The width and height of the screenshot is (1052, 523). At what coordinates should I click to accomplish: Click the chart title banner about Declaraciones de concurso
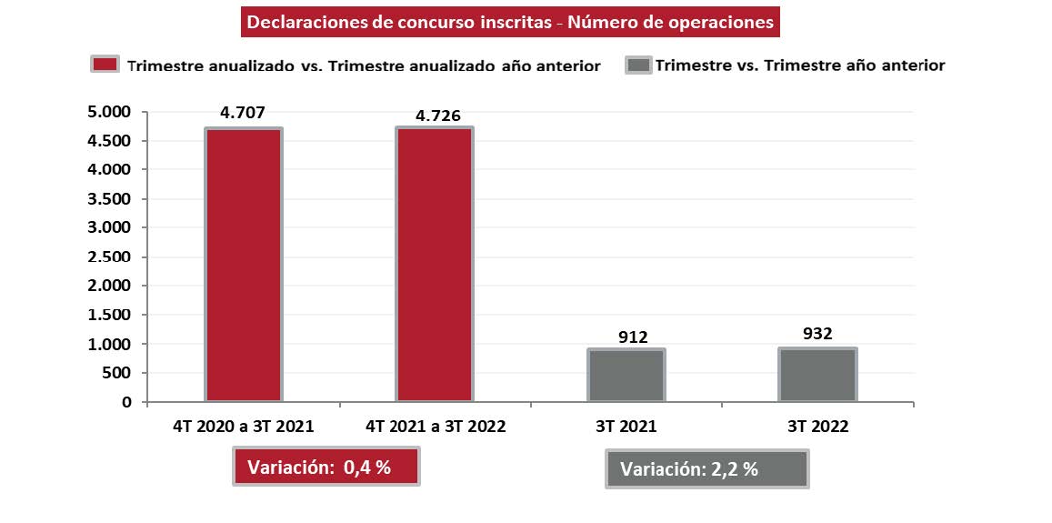point(511,23)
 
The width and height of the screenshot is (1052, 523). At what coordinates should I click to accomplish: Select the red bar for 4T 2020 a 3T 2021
point(243,264)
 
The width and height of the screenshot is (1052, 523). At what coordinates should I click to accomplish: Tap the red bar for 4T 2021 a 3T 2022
point(434,264)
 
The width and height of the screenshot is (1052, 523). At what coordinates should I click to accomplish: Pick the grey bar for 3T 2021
point(626,374)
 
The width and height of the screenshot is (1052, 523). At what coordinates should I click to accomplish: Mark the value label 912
point(633,337)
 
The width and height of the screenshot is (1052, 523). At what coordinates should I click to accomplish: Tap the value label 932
point(818,334)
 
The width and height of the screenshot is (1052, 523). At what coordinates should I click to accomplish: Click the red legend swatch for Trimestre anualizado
point(105,65)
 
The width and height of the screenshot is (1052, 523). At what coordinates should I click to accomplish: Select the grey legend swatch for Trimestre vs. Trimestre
point(638,65)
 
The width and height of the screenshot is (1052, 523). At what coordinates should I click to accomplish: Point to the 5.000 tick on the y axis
point(110,112)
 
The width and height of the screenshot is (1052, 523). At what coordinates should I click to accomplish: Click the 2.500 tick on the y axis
point(110,256)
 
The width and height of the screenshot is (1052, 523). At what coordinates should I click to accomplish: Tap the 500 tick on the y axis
point(117,373)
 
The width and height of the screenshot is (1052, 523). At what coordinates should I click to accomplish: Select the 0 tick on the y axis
point(126,402)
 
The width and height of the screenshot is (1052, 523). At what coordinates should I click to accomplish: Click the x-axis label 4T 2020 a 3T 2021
point(243,426)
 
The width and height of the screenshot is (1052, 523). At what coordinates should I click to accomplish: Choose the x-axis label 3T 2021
point(627,426)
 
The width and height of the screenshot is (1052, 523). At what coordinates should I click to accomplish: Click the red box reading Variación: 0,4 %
point(326,468)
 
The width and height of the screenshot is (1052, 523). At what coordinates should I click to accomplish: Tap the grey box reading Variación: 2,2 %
point(706,470)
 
